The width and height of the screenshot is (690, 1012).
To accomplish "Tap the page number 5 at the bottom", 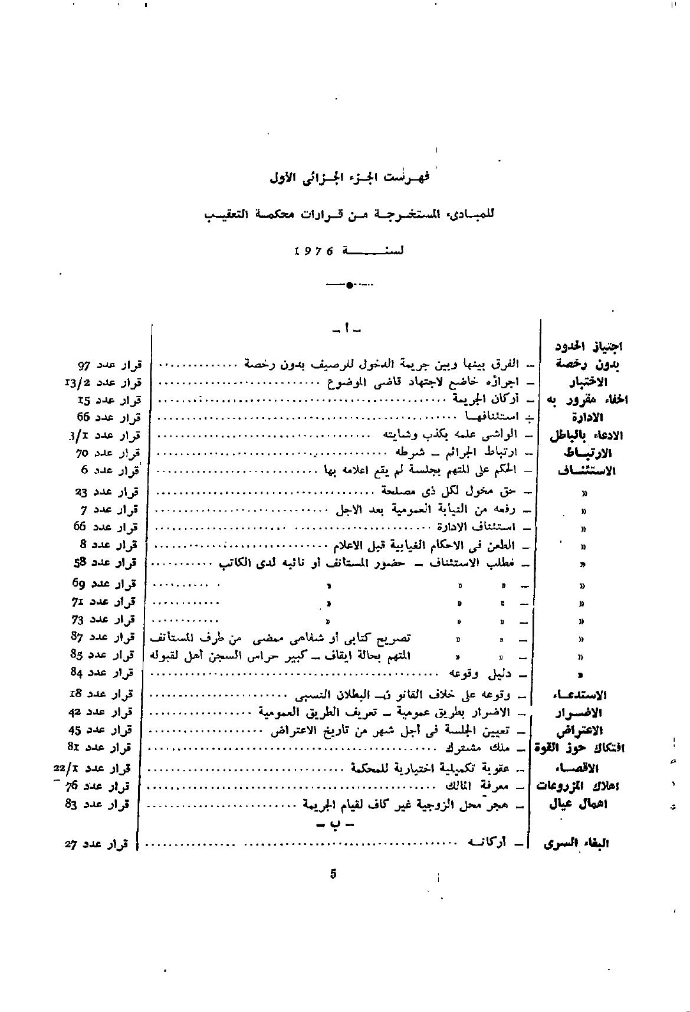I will click(333, 874).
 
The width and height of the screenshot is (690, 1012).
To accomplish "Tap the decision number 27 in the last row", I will click(73, 844).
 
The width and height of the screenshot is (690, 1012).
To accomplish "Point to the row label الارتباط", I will click(586, 453).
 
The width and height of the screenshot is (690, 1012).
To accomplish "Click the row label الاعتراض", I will click(581, 730).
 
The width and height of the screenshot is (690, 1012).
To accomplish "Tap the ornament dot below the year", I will click(349, 286).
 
